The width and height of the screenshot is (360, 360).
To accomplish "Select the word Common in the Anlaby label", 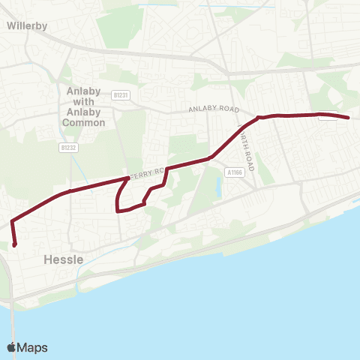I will pos(84,122).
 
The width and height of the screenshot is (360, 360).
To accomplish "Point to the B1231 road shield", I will pos(120,95).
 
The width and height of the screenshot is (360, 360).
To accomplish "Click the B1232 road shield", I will pos(68,148).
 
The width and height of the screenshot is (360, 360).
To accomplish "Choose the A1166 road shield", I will pos(232,172).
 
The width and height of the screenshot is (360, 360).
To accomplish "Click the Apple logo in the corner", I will pos(11,347).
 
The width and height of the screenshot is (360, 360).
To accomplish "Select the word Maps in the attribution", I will pos(34,347).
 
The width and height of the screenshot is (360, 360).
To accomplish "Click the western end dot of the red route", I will pos(15,244).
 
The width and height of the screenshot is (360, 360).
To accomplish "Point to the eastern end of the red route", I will pos(349,118).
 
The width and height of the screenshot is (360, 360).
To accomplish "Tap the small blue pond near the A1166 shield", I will pos(217,187).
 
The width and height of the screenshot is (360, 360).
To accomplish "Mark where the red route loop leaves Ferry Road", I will pos(125,179).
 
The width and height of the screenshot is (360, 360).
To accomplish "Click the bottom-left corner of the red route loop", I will pos(118,211).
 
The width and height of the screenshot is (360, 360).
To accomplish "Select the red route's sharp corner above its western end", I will pos(12,222).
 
